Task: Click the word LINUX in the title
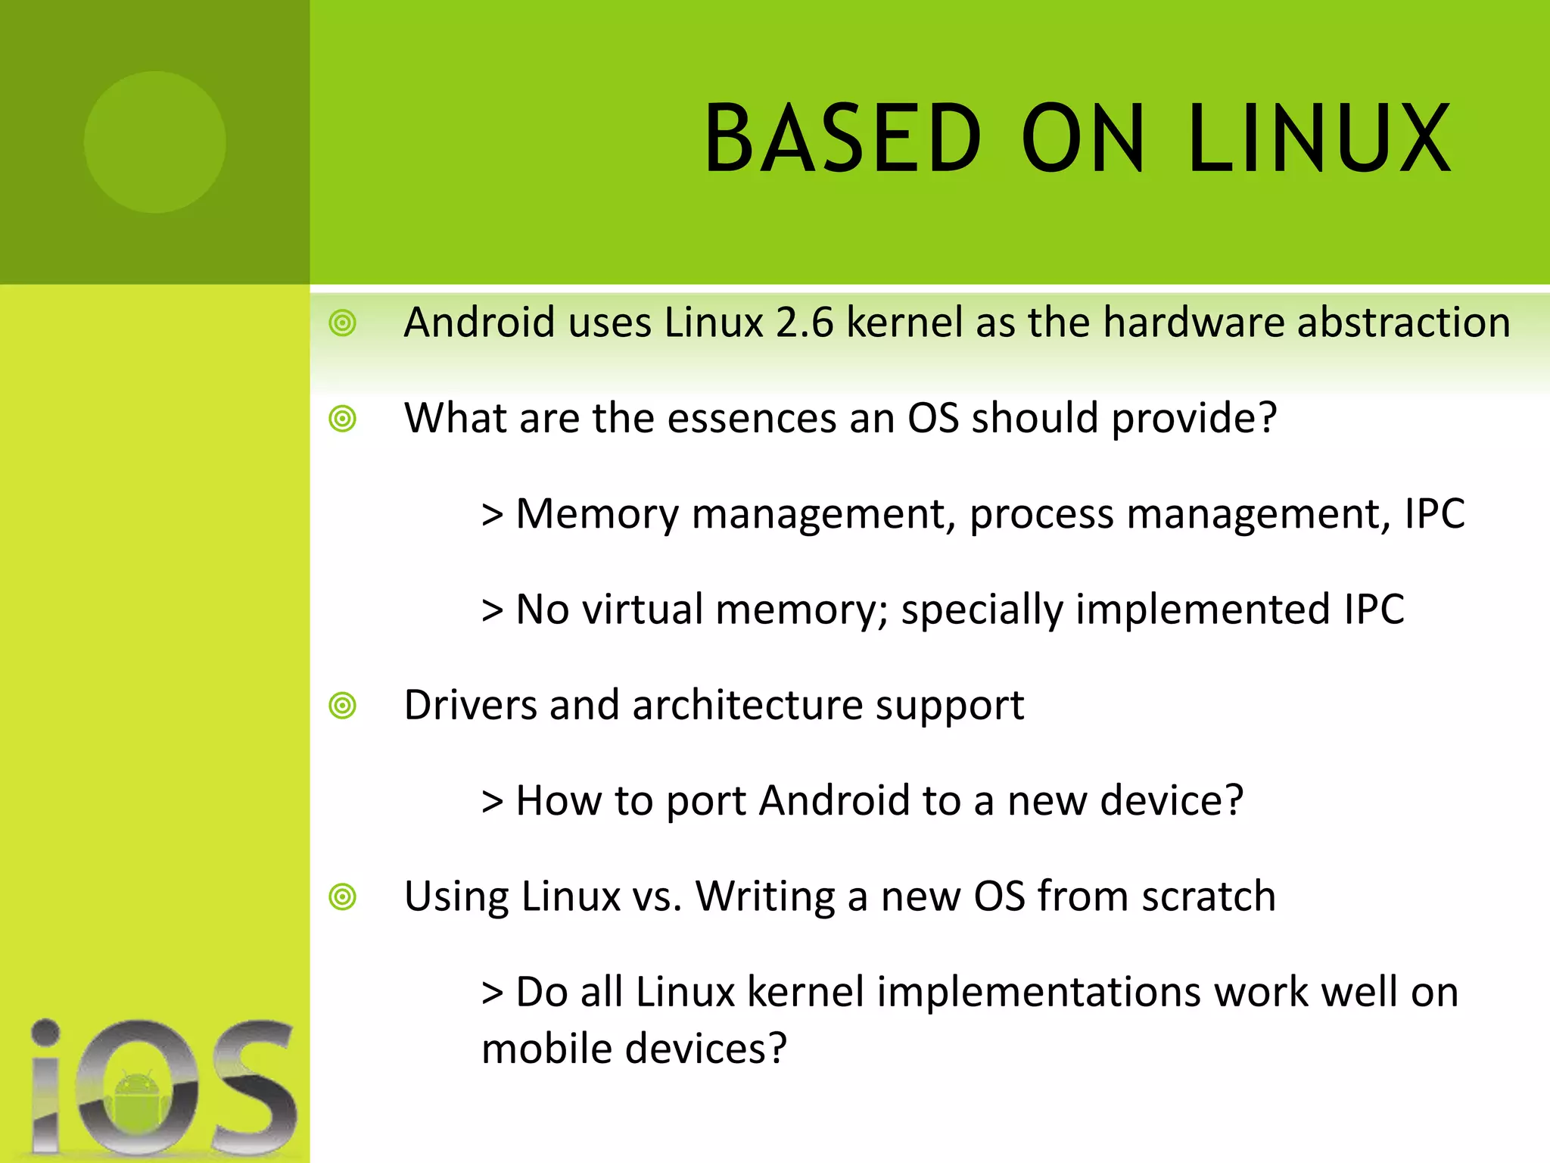(1318, 139)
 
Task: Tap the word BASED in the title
(842, 139)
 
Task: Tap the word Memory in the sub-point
(597, 515)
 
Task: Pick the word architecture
(747, 706)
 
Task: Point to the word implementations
(1038, 993)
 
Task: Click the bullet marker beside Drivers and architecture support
(343, 706)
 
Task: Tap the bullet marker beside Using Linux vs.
(343, 897)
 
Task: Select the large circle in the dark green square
(155, 142)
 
